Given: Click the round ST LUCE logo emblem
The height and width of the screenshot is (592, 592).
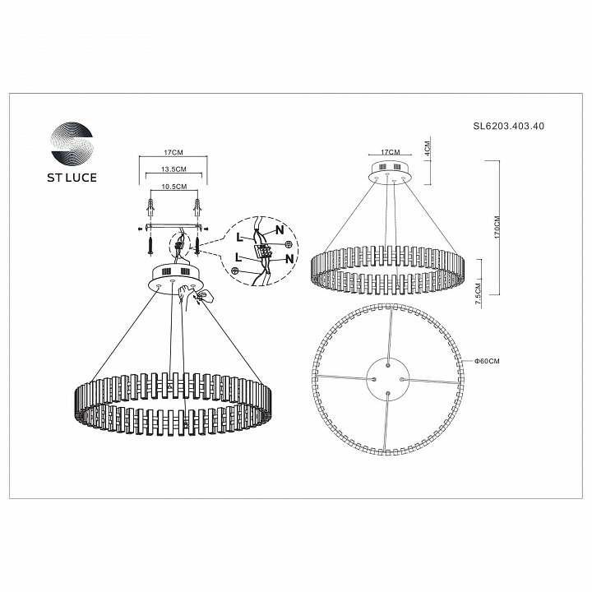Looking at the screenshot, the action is coord(72,143).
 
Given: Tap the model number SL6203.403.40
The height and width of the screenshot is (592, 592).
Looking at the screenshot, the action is coord(509,126).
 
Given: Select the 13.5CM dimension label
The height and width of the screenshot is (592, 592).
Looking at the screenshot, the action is coord(173,169).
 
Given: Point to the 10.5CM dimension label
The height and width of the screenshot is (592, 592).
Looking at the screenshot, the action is coord(173,187).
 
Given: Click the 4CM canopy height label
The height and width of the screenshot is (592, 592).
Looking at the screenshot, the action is coord(427,148).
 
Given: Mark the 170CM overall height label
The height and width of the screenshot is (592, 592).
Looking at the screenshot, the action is coord(497,227).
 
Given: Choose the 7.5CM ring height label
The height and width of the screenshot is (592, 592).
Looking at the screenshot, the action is coord(478,290).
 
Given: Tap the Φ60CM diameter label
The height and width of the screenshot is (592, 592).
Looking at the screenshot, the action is coord(487,361).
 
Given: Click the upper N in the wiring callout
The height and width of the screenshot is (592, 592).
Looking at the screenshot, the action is coord(280,229).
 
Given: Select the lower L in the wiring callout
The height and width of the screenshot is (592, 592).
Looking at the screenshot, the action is coord(238,258).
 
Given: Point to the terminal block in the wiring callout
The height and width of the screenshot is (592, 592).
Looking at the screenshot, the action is coord(264,250).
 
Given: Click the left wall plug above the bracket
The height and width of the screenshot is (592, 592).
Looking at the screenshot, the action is coord(150,207).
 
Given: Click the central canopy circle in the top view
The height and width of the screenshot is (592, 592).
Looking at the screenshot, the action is coord(388,379).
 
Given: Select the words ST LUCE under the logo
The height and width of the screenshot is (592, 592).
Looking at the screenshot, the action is coord(72,178).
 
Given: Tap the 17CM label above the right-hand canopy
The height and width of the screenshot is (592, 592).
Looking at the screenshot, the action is coord(390,152).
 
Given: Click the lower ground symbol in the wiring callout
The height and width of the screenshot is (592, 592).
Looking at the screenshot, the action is coord(234,271).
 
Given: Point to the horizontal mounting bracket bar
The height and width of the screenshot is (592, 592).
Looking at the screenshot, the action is coord(173,226).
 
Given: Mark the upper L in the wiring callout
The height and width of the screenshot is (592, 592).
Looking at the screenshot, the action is coord(239,237).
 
